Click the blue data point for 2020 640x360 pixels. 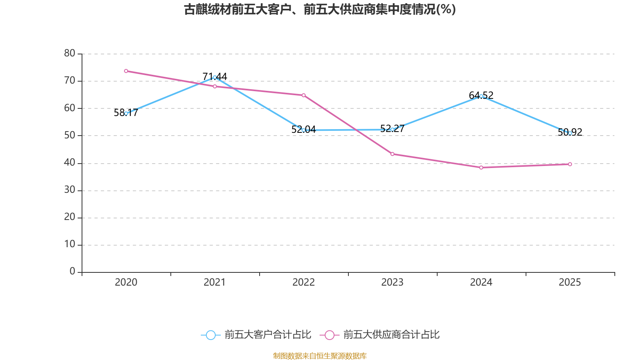point(126,114)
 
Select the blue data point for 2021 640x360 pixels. point(215,77)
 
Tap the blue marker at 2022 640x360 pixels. point(304,130)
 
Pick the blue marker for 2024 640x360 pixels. point(481,96)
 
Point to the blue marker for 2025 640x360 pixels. point(570,133)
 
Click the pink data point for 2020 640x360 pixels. point(126,71)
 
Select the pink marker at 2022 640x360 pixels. point(304,95)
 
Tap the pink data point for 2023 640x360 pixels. point(392,154)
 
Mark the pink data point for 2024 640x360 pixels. point(481,168)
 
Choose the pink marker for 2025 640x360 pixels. point(570,164)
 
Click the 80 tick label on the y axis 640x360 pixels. point(70,53)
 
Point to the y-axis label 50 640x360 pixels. point(70,135)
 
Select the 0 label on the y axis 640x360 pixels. point(72,272)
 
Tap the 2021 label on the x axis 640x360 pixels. point(215,282)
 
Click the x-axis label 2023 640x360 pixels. point(392,282)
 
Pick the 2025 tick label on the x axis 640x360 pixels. point(570,282)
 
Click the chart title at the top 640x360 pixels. point(320,9)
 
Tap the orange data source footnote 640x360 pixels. point(320,356)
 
